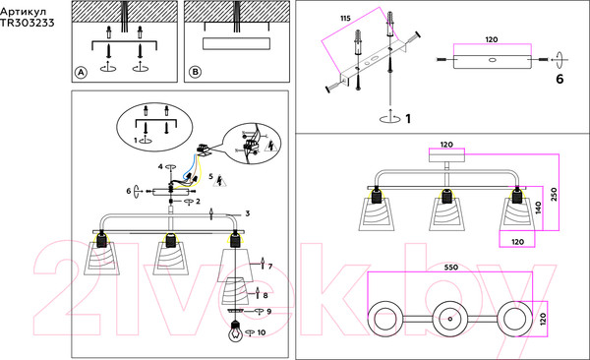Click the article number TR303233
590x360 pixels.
click(x=28, y=23)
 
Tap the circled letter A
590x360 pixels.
click(x=81, y=73)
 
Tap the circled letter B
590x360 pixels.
click(x=195, y=72)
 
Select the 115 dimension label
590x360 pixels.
click(x=345, y=18)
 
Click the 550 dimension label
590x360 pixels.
click(x=450, y=267)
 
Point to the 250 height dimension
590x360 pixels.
click(x=554, y=195)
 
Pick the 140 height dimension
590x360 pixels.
click(x=538, y=207)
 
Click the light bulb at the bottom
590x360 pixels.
click(x=236, y=331)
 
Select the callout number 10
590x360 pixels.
click(x=262, y=332)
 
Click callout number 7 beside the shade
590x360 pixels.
click(x=269, y=267)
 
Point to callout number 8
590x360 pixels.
click(x=265, y=296)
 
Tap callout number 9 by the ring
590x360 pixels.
click(x=268, y=312)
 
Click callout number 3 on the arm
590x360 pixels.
click(x=247, y=213)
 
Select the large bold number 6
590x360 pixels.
click(x=560, y=79)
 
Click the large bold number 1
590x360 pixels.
click(x=408, y=119)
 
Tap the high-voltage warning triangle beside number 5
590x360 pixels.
click(x=219, y=181)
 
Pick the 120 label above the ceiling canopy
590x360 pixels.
click(x=446, y=145)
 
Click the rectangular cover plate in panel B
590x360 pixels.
click(x=236, y=43)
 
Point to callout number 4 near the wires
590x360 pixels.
click(x=160, y=166)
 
